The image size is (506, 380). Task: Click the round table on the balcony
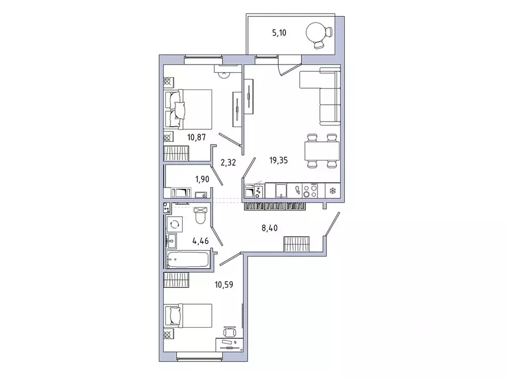coord(316,34)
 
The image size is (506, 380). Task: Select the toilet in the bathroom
coord(201,215)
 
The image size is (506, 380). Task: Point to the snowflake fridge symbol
coord(332,190)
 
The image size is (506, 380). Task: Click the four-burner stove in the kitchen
coord(312,190)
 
